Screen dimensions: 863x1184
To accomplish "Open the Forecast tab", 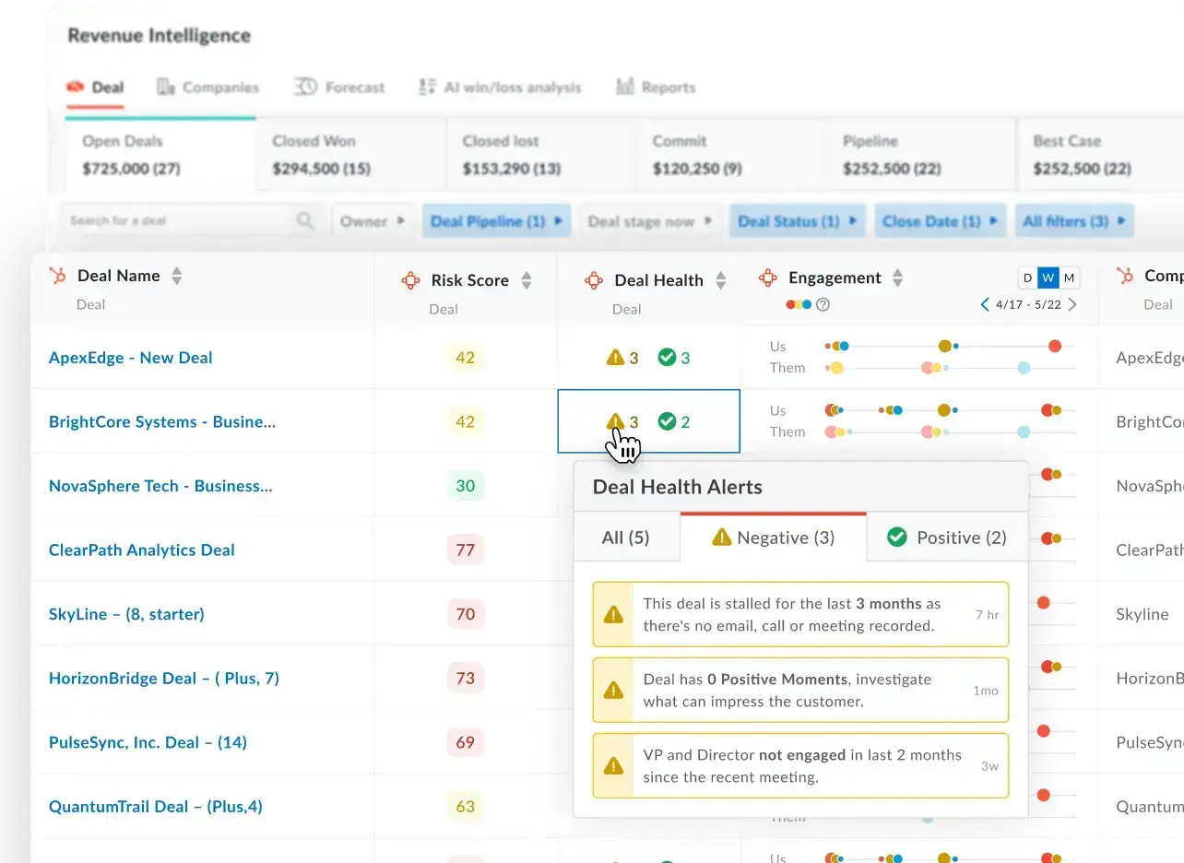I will pyautogui.click(x=340, y=88).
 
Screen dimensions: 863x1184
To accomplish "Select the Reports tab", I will pyautogui.click(x=656, y=88).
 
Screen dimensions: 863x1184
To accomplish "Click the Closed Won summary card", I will pyautogui.click(x=350, y=155).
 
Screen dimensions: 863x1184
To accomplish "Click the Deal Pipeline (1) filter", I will pyautogui.click(x=497, y=221).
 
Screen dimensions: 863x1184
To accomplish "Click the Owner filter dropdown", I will pyautogui.click(x=372, y=221).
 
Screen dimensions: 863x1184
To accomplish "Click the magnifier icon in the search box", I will pyautogui.click(x=305, y=221).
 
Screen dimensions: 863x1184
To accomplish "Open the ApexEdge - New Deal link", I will pyautogui.click(x=130, y=358).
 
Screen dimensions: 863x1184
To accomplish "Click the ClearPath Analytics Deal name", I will pyautogui.click(x=141, y=550).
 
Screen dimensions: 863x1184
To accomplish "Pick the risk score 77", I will pyautogui.click(x=465, y=550).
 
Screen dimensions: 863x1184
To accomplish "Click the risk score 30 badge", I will pyautogui.click(x=465, y=486).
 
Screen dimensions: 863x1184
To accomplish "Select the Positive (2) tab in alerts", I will pyautogui.click(x=947, y=538).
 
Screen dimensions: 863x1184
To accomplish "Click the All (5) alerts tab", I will pyautogui.click(x=625, y=538).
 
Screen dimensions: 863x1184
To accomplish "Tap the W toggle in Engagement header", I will pyautogui.click(x=1048, y=278).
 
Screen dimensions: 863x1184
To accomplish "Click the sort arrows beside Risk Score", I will pyautogui.click(x=527, y=280).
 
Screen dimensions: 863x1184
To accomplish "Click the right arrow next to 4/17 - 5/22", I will pyautogui.click(x=1072, y=304).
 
